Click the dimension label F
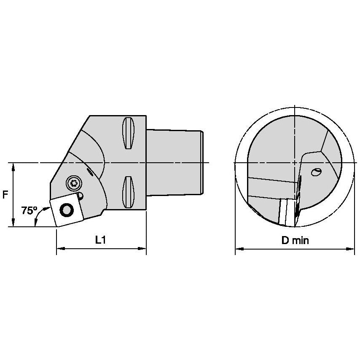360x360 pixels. [x=5, y=195]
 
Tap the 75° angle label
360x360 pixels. [x=29, y=210]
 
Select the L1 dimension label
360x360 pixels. [x=100, y=240]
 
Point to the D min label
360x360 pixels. [x=295, y=240]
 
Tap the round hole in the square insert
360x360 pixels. [x=66, y=209]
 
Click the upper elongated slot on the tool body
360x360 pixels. [x=127, y=133]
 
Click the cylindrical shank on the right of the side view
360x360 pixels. [x=175, y=162]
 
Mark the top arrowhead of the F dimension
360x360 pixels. [x=14, y=166]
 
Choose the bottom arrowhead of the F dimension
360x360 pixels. [x=14, y=223]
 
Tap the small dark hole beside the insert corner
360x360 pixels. [x=81, y=195]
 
